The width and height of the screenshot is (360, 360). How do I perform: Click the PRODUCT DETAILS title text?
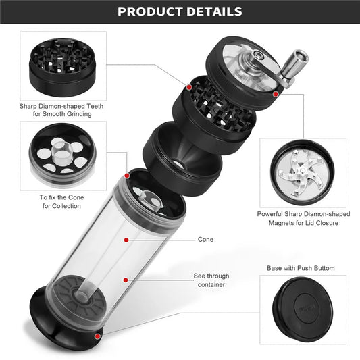point(180,11)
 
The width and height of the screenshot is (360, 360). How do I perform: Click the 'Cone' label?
point(206,239)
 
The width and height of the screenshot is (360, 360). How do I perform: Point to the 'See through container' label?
point(211,280)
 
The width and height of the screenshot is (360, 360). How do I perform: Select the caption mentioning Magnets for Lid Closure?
point(303,218)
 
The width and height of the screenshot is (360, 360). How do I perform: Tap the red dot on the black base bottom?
point(98,336)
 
